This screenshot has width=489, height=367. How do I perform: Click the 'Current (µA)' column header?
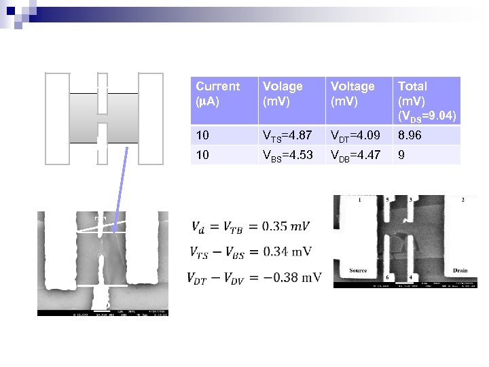pos(217,93)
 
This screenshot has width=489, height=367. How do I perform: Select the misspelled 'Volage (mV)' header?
pos(283,93)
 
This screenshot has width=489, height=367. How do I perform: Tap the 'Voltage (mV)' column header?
pos(352,93)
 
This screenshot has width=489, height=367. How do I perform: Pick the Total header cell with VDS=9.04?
pos(426,100)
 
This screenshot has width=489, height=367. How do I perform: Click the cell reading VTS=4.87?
pos(287,136)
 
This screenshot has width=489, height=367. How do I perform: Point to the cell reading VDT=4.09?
pos(356,136)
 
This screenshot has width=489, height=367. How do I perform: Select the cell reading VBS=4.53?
pos(288,155)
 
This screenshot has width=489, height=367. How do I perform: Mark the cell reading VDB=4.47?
pos(356,155)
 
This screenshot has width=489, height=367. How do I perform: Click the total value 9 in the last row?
pos(401,155)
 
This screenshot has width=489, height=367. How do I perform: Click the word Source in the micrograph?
pos(358,270)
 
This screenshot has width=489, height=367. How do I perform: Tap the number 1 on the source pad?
pos(359,200)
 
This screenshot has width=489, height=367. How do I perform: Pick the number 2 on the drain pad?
pos(463,200)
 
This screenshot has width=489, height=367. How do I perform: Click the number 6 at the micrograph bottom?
pos(387,277)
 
